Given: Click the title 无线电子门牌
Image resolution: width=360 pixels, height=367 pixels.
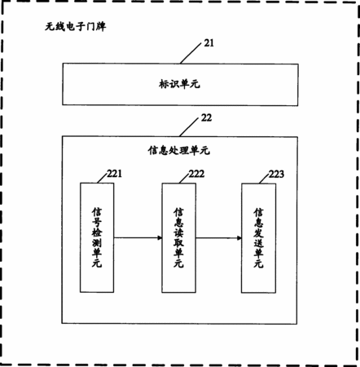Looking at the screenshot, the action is (76, 26).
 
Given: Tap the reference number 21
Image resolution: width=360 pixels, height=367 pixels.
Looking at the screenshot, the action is (209, 43).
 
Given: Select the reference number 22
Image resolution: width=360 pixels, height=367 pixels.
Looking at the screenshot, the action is (206, 117).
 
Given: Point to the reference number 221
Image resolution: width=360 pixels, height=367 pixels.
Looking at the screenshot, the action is (114, 174).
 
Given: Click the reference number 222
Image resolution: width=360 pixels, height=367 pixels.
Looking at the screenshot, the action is (196, 174).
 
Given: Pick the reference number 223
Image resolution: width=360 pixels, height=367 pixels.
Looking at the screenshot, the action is (276, 174).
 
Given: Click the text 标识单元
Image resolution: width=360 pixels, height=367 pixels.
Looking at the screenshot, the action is (179, 84).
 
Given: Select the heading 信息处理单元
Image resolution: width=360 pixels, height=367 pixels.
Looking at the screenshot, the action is (179, 150).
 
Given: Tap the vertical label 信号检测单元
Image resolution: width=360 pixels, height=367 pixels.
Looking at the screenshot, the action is (97, 237).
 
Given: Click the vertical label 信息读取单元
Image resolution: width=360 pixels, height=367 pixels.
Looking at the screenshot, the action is (178, 238).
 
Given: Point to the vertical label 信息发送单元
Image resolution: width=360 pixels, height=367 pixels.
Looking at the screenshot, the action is (258, 238).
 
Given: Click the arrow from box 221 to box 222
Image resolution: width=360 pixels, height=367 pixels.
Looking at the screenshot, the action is (138, 238).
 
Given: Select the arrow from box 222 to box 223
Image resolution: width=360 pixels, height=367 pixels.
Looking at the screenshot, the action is (218, 238).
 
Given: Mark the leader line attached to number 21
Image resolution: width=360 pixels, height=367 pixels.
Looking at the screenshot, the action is (191, 53).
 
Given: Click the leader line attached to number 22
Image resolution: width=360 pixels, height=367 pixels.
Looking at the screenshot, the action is (189, 127).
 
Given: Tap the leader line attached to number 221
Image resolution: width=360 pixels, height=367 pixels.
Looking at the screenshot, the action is (103, 179).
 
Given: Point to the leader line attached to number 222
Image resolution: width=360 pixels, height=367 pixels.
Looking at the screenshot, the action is (184, 179).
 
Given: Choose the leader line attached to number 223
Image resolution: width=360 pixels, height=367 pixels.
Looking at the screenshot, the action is (264, 179).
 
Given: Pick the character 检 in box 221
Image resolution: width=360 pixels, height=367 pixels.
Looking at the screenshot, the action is (97, 232).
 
